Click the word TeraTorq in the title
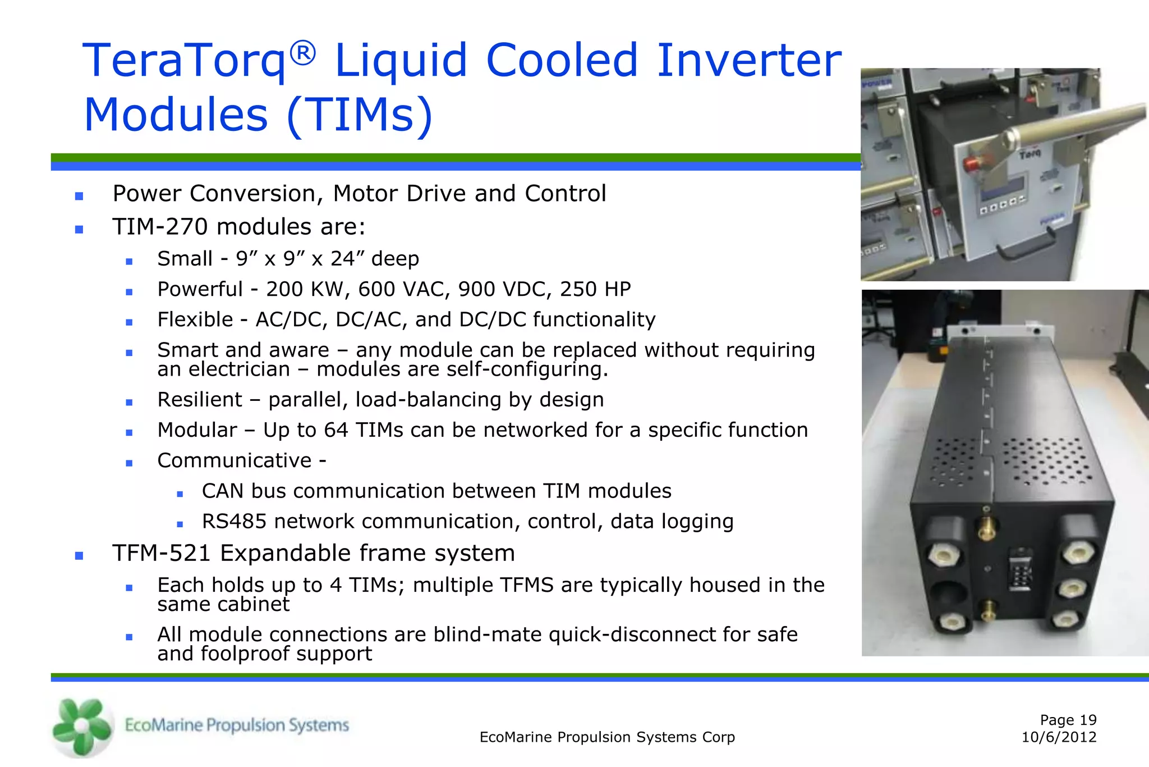tap(185, 61)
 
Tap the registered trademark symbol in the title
tap(304, 54)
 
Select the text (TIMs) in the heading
tap(360, 115)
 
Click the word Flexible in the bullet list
tap(195, 319)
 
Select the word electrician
tap(240, 369)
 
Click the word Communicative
tap(235, 460)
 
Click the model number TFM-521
tap(162, 553)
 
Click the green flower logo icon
tap(81, 727)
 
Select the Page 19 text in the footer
tap(1068, 720)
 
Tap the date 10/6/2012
tap(1059, 737)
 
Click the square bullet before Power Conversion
tap(79, 196)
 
